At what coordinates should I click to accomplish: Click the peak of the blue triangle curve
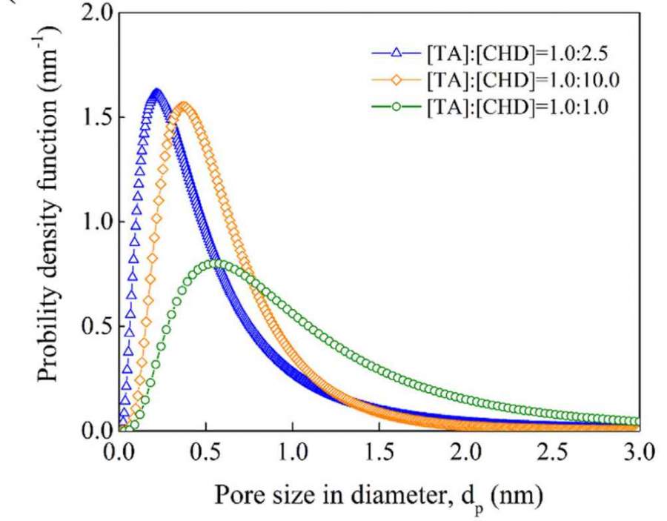156,93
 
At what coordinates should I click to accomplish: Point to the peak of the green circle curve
216,263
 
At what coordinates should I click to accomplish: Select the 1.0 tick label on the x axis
292,450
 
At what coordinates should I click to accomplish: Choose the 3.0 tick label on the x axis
639,450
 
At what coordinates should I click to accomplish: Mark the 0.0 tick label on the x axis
119,450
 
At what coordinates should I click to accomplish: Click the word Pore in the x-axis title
236,494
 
